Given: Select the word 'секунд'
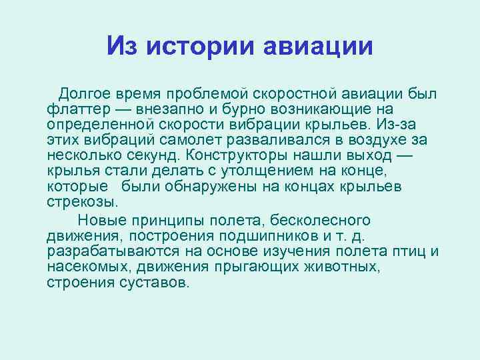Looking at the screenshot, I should click(x=155, y=155).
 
